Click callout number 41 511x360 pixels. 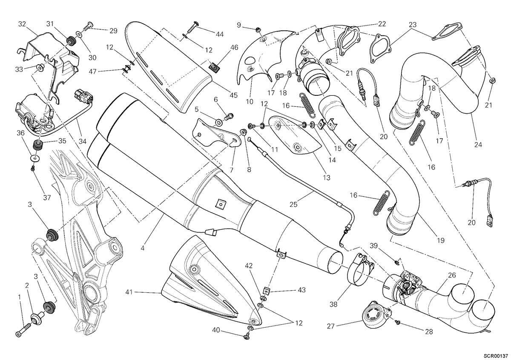coord(129,292)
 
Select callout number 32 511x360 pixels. coord(22,24)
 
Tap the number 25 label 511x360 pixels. coord(293,205)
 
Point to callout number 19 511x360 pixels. coord(441,240)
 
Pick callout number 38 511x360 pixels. coord(333,304)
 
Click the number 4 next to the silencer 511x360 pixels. coord(143,248)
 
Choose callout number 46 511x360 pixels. coord(234,47)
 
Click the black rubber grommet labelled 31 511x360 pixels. coord(71,41)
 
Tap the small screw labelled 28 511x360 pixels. coord(398,322)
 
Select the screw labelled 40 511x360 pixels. coord(246,336)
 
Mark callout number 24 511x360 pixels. coord(478,145)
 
